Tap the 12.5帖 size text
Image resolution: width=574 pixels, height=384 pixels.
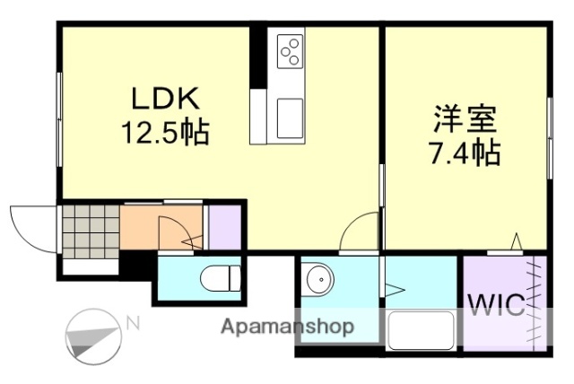[x=165, y=133]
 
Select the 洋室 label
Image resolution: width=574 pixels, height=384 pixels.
[x=465, y=118]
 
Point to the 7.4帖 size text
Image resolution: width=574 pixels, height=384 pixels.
[x=465, y=153]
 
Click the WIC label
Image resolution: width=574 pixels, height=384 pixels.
[x=493, y=305]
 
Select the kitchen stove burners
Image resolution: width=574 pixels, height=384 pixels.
[x=291, y=51]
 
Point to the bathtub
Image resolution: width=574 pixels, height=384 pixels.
[x=421, y=330]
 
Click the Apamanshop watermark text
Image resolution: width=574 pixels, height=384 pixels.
[x=288, y=326]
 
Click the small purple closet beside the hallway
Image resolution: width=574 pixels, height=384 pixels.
[x=224, y=227]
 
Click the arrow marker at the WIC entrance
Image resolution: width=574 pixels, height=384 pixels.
[x=516, y=240]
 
